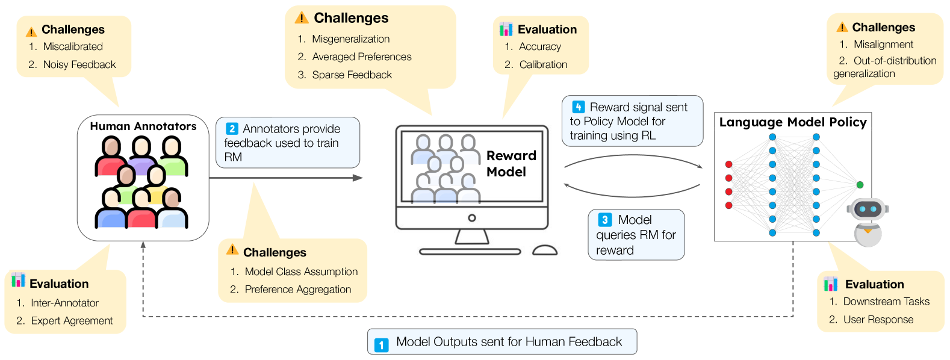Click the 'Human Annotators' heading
143,126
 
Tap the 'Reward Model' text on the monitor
511,164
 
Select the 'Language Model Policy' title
793,122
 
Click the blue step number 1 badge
382,345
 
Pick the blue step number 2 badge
232,129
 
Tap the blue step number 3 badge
605,220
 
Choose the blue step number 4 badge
579,107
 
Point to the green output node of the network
860,185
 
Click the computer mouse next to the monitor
545,250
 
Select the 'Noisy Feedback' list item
79,64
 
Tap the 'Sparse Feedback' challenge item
352,75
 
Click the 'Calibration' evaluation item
543,64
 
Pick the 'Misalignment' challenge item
883,45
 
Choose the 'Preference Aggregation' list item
297,290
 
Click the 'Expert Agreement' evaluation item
72,321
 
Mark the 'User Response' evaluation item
878,320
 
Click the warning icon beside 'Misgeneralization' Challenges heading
302,17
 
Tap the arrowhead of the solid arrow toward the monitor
358,178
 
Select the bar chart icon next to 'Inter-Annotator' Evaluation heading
18,280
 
